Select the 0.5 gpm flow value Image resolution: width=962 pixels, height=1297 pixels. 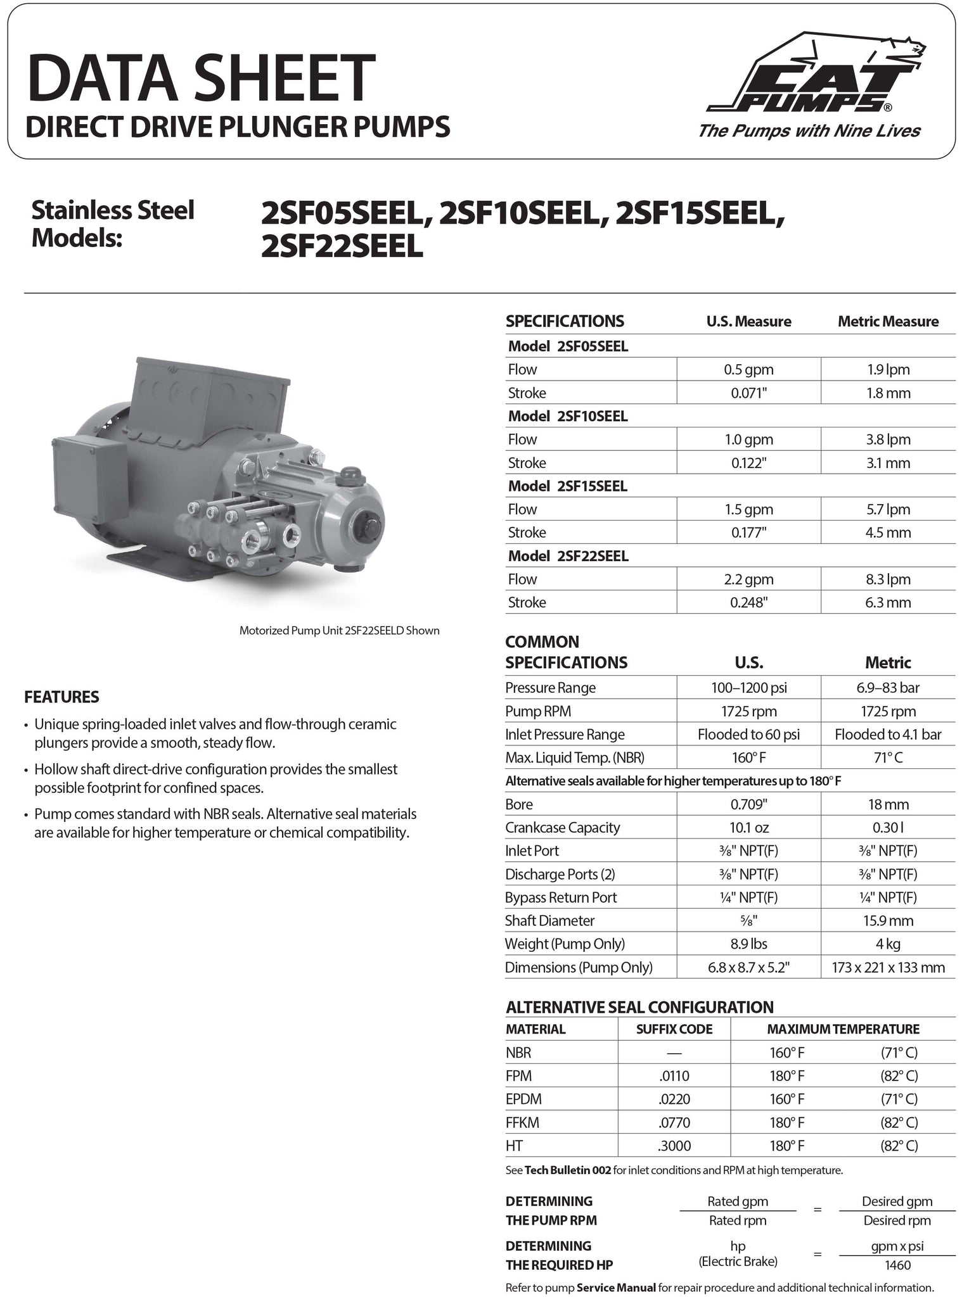748,369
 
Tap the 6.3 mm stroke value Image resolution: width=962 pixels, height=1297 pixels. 888,602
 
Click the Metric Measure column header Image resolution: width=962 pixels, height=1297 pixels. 888,322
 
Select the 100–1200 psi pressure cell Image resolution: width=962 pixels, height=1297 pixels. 748,688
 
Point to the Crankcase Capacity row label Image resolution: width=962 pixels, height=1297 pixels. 562,828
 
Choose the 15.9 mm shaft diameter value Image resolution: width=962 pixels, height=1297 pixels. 888,921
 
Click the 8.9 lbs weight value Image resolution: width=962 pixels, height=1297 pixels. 748,944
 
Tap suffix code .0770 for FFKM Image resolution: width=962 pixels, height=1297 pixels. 674,1123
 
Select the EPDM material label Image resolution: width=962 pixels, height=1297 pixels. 523,1099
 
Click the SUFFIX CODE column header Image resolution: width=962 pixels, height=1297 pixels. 674,1029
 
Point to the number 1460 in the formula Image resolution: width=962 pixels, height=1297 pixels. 897,1265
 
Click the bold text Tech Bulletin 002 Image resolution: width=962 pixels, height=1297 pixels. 568,1170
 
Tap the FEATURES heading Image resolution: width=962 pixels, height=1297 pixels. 61,697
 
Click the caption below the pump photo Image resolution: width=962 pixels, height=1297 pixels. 339,631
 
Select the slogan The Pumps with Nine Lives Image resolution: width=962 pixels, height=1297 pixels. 809,131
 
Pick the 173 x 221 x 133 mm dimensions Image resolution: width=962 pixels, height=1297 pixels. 888,968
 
